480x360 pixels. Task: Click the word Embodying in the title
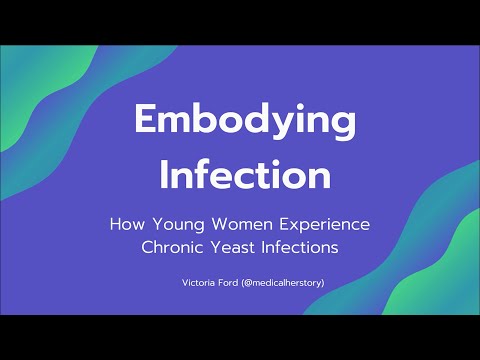244,123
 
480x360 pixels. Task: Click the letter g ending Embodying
340,128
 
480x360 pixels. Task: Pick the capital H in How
115,224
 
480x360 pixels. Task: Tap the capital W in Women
220,224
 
